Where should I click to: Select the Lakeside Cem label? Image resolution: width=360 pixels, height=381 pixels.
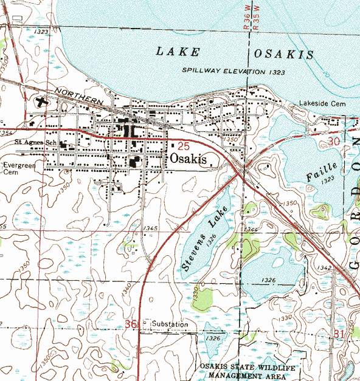coord(322,104)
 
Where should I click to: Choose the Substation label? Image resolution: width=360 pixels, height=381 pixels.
coord(170,324)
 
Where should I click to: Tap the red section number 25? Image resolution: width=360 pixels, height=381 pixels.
coord(184,146)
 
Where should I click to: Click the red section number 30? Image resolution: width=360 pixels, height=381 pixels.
coord(332,141)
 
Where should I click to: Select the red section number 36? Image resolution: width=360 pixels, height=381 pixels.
coord(131,324)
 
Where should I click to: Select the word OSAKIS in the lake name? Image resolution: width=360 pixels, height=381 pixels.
coord(284,55)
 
